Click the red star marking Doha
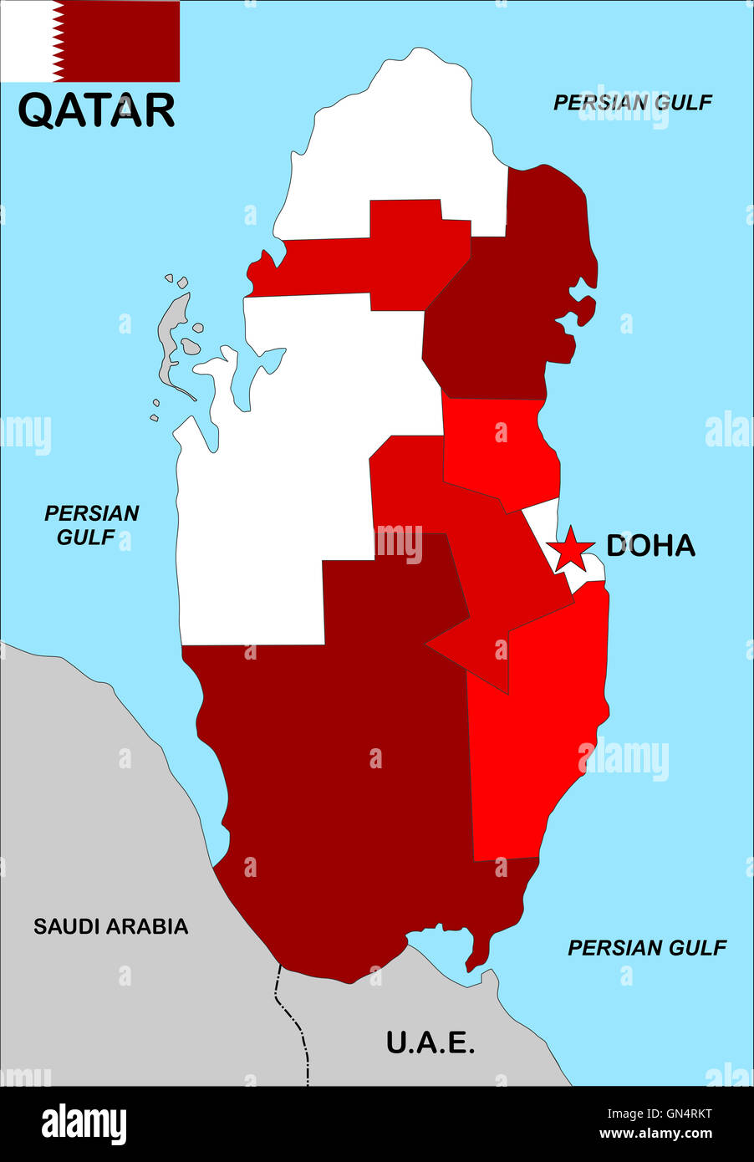[570, 548]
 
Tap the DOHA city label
[650, 546]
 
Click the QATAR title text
[96, 110]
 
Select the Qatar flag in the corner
[90, 41]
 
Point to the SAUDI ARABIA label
[110, 926]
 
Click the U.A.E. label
[430, 1042]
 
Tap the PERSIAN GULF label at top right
[633, 102]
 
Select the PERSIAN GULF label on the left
[91, 525]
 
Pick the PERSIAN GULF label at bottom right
[647, 947]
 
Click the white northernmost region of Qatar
[393, 142]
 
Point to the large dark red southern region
[351, 794]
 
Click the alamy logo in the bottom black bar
[84, 1123]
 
